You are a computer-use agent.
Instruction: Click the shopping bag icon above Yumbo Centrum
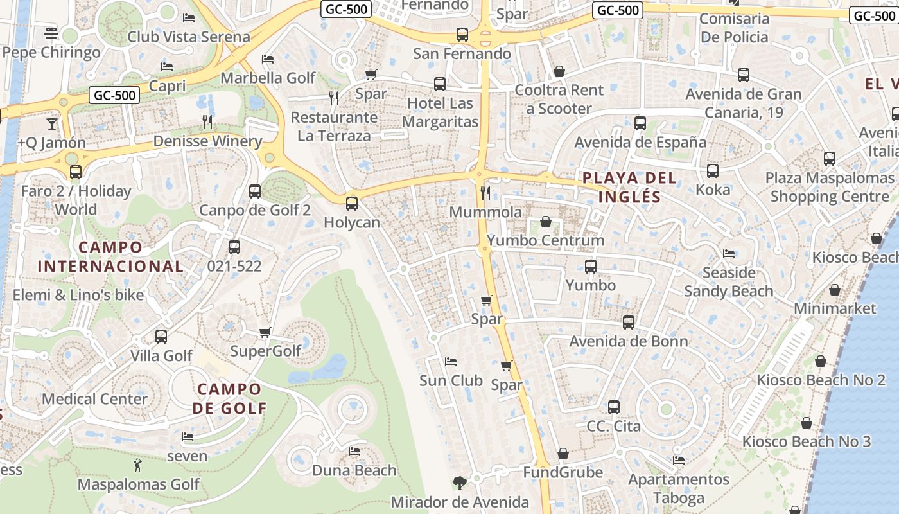tap(545, 222)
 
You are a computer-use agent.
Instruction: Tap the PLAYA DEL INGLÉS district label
tap(629, 187)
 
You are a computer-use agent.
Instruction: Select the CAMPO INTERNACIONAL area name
tap(110, 256)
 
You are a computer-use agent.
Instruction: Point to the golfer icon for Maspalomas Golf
tap(137, 465)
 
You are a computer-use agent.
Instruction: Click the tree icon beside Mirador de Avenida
tap(459, 483)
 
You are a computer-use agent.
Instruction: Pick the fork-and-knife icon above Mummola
tap(485, 193)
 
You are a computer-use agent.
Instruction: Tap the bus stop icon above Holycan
tap(351, 204)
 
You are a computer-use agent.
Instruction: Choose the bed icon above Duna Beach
tap(354, 452)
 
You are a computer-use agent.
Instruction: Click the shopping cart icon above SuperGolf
tap(265, 332)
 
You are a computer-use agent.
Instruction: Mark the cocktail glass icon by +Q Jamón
tap(51, 123)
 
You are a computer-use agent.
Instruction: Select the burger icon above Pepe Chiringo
tap(51, 33)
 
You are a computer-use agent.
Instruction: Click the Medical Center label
tap(94, 399)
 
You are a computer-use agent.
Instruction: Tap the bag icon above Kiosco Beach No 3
tap(806, 423)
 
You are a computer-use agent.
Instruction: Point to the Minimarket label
tap(835, 308)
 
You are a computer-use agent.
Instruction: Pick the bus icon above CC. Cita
tap(613, 407)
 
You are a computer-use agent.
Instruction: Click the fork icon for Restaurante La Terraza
tap(333, 98)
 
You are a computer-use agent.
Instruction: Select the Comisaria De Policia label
tap(734, 28)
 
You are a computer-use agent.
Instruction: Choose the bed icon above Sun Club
tap(451, 362)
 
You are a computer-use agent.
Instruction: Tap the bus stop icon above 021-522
tap(234, 247)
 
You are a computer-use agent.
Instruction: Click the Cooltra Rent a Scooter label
tap(559, 99)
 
